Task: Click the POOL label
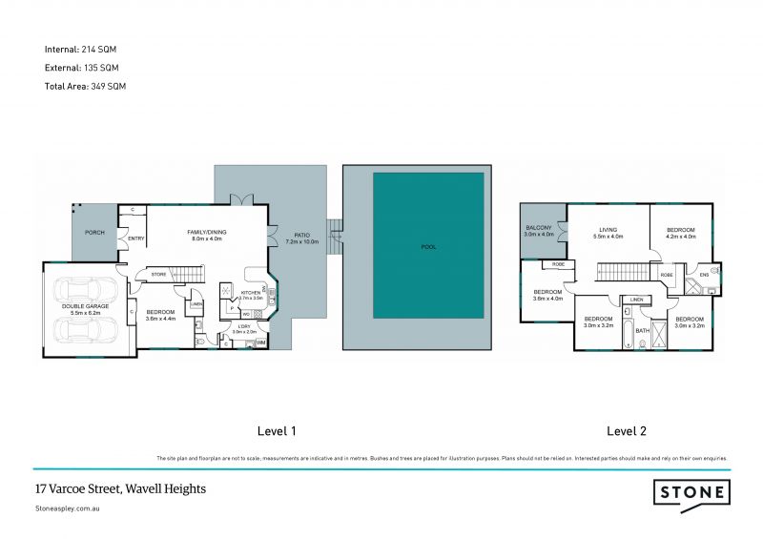(428, 247)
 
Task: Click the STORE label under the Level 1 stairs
(158, 275)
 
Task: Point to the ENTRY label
(136, 238)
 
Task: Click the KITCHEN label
(250, 293)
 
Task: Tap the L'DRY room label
(243, 325)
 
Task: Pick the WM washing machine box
(260, 342)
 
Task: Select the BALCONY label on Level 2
(539, 228)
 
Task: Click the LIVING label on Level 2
(608, 229)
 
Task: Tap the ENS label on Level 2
(704, 275)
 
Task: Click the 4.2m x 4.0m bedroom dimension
(681, 236)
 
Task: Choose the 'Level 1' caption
(278, 431)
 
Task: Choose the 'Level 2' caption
(627, 431)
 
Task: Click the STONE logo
(691, 492)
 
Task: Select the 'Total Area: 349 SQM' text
(85, 86)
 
